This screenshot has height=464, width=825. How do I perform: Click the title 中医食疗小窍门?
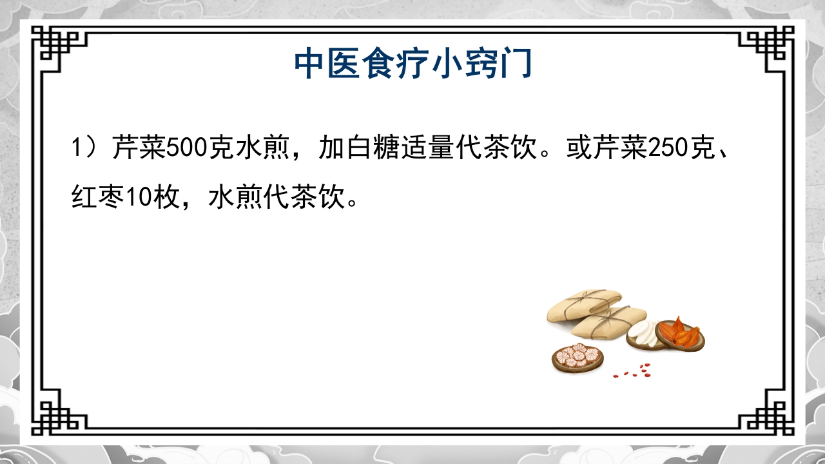pos(412,64)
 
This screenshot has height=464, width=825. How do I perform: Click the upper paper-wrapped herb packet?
pos(583,305)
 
